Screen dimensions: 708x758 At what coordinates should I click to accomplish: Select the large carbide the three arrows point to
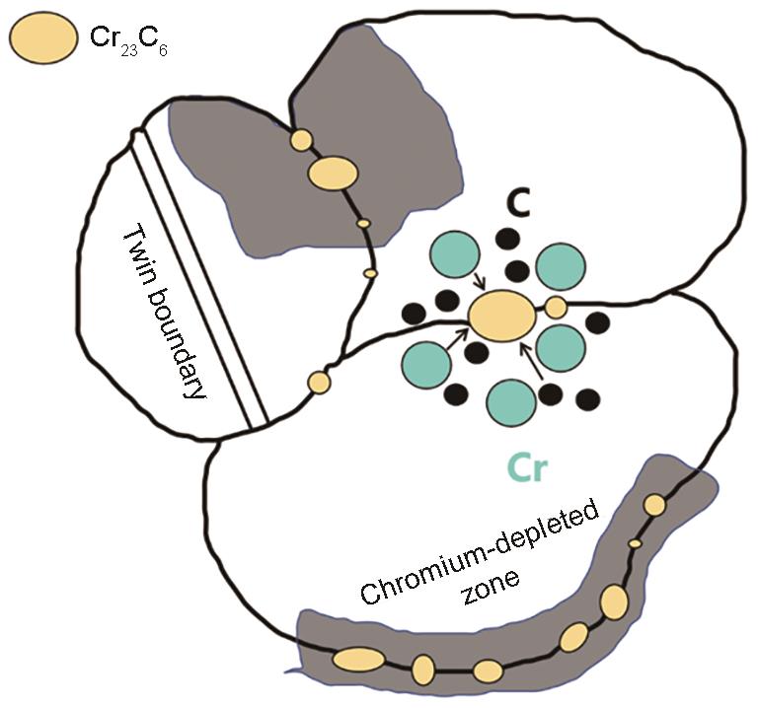501,316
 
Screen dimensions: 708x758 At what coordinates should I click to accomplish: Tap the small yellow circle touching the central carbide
556,307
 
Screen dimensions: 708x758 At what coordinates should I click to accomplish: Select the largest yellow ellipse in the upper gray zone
333,174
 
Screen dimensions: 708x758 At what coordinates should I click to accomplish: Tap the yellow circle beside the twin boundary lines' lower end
319,381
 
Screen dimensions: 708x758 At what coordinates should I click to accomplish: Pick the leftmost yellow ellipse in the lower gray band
354,658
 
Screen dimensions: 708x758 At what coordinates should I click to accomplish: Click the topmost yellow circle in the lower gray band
653,505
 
